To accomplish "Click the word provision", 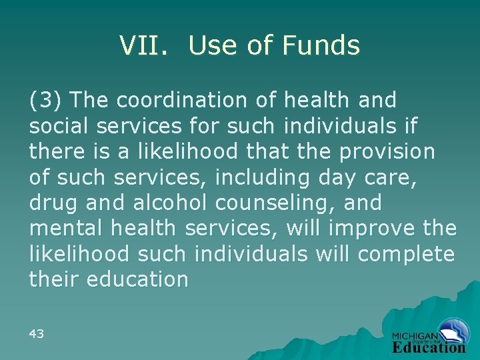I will click(387, 151).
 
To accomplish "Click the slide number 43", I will click(37, 333).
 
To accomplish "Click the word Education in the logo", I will click(429, 347).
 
